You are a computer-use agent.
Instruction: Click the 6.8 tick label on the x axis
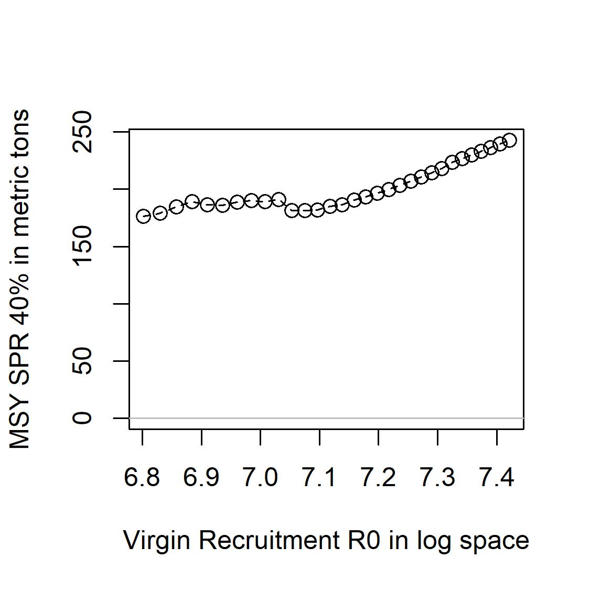[x=142, y=477]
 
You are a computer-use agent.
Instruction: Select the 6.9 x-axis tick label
[x=201, y=477]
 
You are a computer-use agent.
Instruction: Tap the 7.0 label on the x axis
[x=260, y=477]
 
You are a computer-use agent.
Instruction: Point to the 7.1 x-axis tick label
[x=319, y=477]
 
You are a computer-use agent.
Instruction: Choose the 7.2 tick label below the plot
[x=379, y=477]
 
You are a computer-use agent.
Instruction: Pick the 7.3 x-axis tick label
[x=437, y=477]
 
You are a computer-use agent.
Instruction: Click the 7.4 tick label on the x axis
[x=497, y=477]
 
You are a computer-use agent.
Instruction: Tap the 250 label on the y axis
[x=82, y=132]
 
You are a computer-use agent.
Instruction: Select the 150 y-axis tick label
[x=82, y=246]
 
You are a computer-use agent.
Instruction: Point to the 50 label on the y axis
[x=82, y=361]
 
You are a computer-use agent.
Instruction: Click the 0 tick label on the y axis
[x=82, y=418]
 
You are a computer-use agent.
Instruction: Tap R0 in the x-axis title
[x=364, y=540]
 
